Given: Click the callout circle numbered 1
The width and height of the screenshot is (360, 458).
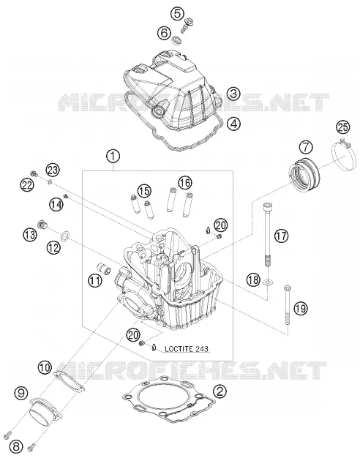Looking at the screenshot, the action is coord(113,157).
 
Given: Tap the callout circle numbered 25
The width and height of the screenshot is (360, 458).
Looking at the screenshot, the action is coord(342,127).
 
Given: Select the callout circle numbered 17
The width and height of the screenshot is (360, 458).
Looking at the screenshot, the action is coord(281,236).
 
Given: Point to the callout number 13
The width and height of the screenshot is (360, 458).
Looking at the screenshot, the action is coord(30,235).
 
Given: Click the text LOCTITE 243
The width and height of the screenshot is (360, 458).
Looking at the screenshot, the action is coord(187,349).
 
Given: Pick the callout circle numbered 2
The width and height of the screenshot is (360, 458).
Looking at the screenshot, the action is coord(220,391).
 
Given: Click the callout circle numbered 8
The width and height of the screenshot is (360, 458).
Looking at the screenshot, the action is coord(16,446).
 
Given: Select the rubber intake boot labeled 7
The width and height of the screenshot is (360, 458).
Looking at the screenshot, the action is coord(304,175).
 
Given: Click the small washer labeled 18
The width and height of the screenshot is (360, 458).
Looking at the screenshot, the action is coord(268,282).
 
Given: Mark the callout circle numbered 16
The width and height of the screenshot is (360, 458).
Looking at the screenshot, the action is coord(184,183).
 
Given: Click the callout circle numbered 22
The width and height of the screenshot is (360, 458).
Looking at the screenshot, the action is coord(27,184).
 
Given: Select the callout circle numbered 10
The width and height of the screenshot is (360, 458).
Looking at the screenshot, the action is coord(45,367).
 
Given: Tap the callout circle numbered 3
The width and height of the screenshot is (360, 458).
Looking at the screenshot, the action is coord(233,94).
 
